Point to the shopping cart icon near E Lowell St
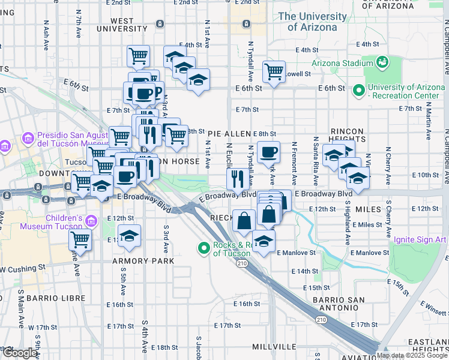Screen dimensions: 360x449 pos(274,71)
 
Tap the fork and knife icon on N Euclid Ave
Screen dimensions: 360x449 pos(238,178)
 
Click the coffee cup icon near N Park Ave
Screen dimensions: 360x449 pos(268,152)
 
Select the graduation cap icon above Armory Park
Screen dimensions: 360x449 pos(129,236)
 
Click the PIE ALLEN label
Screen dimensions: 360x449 pos(230,134)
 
